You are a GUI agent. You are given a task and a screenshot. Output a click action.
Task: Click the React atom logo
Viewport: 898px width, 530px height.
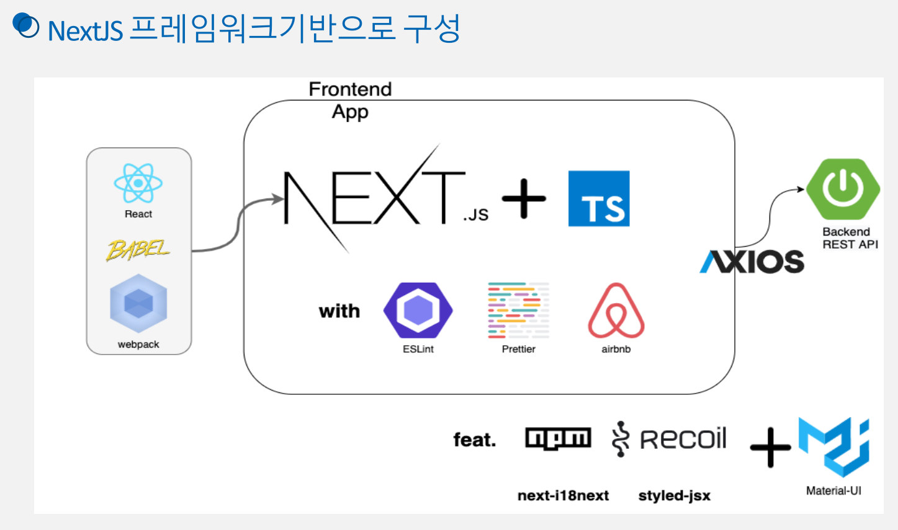pyautogui.click(x=138, y=183)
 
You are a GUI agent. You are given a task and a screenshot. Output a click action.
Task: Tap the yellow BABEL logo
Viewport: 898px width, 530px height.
pyautogui.click(x=138, y=250)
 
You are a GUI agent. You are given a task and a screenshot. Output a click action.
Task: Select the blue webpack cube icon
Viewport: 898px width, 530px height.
pyautogui.click(x=138, y=304)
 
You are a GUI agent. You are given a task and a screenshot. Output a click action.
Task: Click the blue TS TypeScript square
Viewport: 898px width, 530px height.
pyautogui.click(x=599, y=198)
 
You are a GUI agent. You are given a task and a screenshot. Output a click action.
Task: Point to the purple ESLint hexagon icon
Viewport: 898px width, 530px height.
pyautogui.click(x=418, y=311)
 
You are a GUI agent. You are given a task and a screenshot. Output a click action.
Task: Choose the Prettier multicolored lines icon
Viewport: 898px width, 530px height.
pyautogui.click(x=518, y=311)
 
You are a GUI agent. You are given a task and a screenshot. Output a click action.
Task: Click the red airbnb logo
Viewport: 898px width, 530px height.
pyautogui.click(x=616, y=311)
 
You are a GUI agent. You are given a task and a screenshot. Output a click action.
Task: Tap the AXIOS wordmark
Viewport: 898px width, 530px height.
pyautogui.click(x=752, y=262)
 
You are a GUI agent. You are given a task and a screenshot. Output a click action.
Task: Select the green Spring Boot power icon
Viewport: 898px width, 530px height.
pyautogui.click(x=843, y=188)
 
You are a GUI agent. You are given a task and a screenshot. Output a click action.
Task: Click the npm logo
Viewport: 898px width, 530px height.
pyautogui.click(x=558, y=438)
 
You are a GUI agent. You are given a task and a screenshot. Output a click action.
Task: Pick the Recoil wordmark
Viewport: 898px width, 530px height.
pyautogui.click(x=670, y=439)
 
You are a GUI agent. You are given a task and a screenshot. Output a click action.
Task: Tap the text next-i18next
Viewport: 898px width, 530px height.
pyautogui.click(x=563, y=495)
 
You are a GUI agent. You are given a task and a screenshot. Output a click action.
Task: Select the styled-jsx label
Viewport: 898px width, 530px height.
pyautogui.click(x=674, y=495)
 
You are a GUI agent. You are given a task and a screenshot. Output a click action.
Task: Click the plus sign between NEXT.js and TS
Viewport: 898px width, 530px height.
pyautogui.click(x=524, y=198)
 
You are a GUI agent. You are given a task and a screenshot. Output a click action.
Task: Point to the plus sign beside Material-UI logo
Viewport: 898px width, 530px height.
pyautogui.click(x=770, y=446)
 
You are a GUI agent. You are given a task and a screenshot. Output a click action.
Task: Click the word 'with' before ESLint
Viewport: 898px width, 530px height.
pyautogui.click(x=339, y=311)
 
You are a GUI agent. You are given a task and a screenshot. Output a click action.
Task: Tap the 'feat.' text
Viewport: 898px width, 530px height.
pyautogui.click(x=475, y=439)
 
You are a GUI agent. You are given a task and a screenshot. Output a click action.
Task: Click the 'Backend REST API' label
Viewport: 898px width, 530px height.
pyautogui.click(x=850, y=238)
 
